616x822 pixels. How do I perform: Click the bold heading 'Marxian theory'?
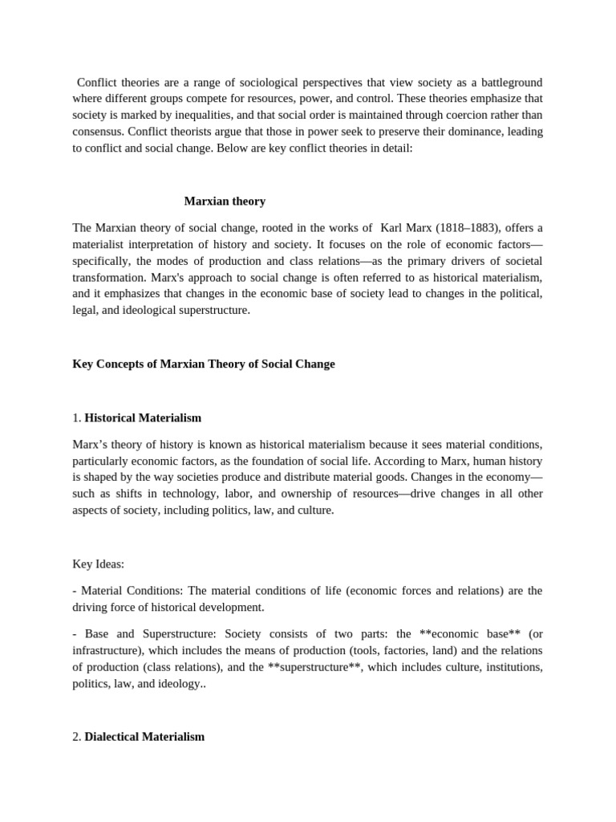click(225, 201)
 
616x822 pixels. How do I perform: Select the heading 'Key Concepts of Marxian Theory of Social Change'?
click(204, 364)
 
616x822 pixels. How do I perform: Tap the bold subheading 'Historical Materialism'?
click(143, 418)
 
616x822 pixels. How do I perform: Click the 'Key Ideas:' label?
click(99, 564)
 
